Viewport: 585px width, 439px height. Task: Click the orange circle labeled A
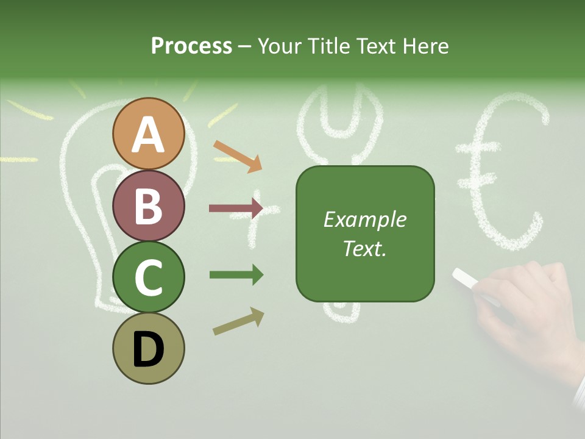149,134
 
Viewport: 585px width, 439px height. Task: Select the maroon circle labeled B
149,205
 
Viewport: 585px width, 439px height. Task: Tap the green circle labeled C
149,277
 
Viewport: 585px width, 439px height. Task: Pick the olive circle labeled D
149,348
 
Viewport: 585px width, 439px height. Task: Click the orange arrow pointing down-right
237,156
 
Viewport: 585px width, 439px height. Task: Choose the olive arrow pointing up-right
238,321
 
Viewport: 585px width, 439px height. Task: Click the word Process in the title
191,46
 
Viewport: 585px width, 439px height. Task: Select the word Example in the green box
364,220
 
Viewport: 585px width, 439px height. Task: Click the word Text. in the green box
364,248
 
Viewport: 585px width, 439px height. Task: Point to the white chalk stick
467,278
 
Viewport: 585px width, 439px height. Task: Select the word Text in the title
373,46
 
